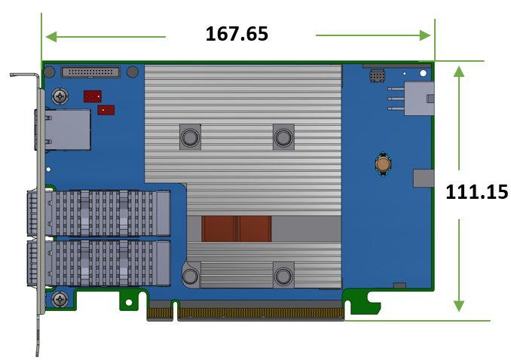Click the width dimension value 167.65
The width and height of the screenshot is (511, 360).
[237, 34]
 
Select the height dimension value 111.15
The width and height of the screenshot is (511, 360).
[476, 192]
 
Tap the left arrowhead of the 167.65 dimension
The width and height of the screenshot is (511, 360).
[50, 35]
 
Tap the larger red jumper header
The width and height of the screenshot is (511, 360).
[93, 96]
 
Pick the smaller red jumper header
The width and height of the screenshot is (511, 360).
[106, 110]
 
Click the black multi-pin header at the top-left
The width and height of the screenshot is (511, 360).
[90, 72]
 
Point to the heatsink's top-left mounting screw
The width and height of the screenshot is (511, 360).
[189, 137]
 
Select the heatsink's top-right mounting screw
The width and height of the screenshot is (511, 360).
[283, 137]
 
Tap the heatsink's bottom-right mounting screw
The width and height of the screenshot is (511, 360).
[283, 276]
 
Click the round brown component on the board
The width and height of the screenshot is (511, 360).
[383, 163]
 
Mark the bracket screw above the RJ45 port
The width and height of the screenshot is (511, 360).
[59, 96]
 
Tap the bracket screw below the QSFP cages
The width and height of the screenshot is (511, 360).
[59, 300]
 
